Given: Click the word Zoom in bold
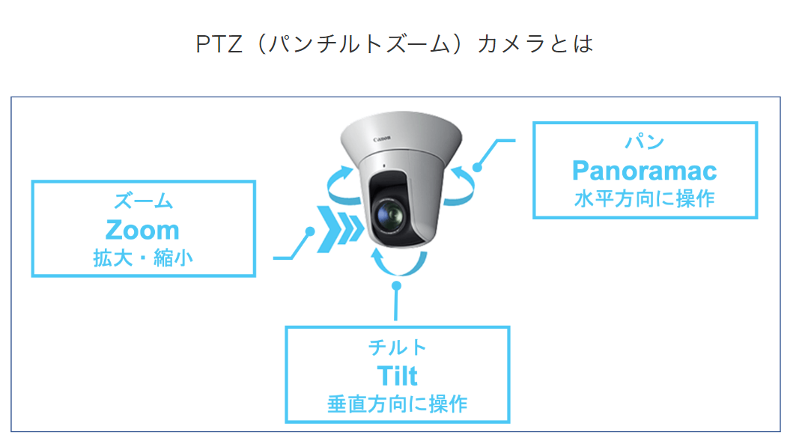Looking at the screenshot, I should pyautogui.click(x=142, y=230).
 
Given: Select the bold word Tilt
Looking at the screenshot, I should pyautogui.click(x=397, y=375).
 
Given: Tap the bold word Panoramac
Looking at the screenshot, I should pyautogui.click(x=644, y=171).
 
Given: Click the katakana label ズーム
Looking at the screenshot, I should pyautogui.click(x=143, y=201).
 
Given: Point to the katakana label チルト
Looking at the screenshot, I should pyautogui.click(x=397, y=347).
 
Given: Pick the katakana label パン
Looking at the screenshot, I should pyautogui.click(x=644, y=142).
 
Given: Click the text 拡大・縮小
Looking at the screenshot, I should pyautogui.click(x=142, y=258).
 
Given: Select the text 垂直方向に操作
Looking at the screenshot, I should pyautogui.click(x=397, y=404).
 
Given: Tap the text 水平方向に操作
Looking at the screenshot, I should pyautogui.click(x=644, y=199).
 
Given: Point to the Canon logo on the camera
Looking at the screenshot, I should pyautogui.click(x=382, y=139).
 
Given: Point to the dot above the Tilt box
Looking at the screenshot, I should pyautogui.click(x=397, y=285).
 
